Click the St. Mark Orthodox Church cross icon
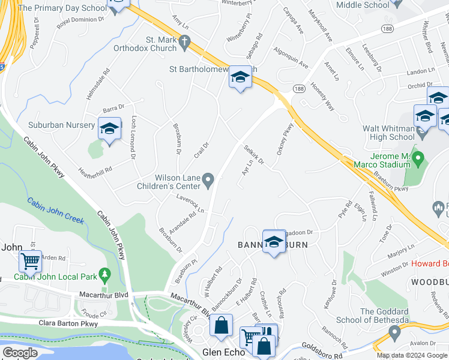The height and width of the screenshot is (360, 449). point(185,44)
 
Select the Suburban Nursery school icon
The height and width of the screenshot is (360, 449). point(109,129)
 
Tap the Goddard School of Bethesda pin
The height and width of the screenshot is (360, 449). point(394,331)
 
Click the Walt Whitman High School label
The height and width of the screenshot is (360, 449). point(388,133)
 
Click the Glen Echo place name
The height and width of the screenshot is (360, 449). point(224,352)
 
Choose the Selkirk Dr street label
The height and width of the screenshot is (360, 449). point(254,156)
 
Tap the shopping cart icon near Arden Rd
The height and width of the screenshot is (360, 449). point(30,262)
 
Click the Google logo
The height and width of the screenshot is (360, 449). point(20,352)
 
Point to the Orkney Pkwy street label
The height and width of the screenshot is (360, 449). point(285,140)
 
